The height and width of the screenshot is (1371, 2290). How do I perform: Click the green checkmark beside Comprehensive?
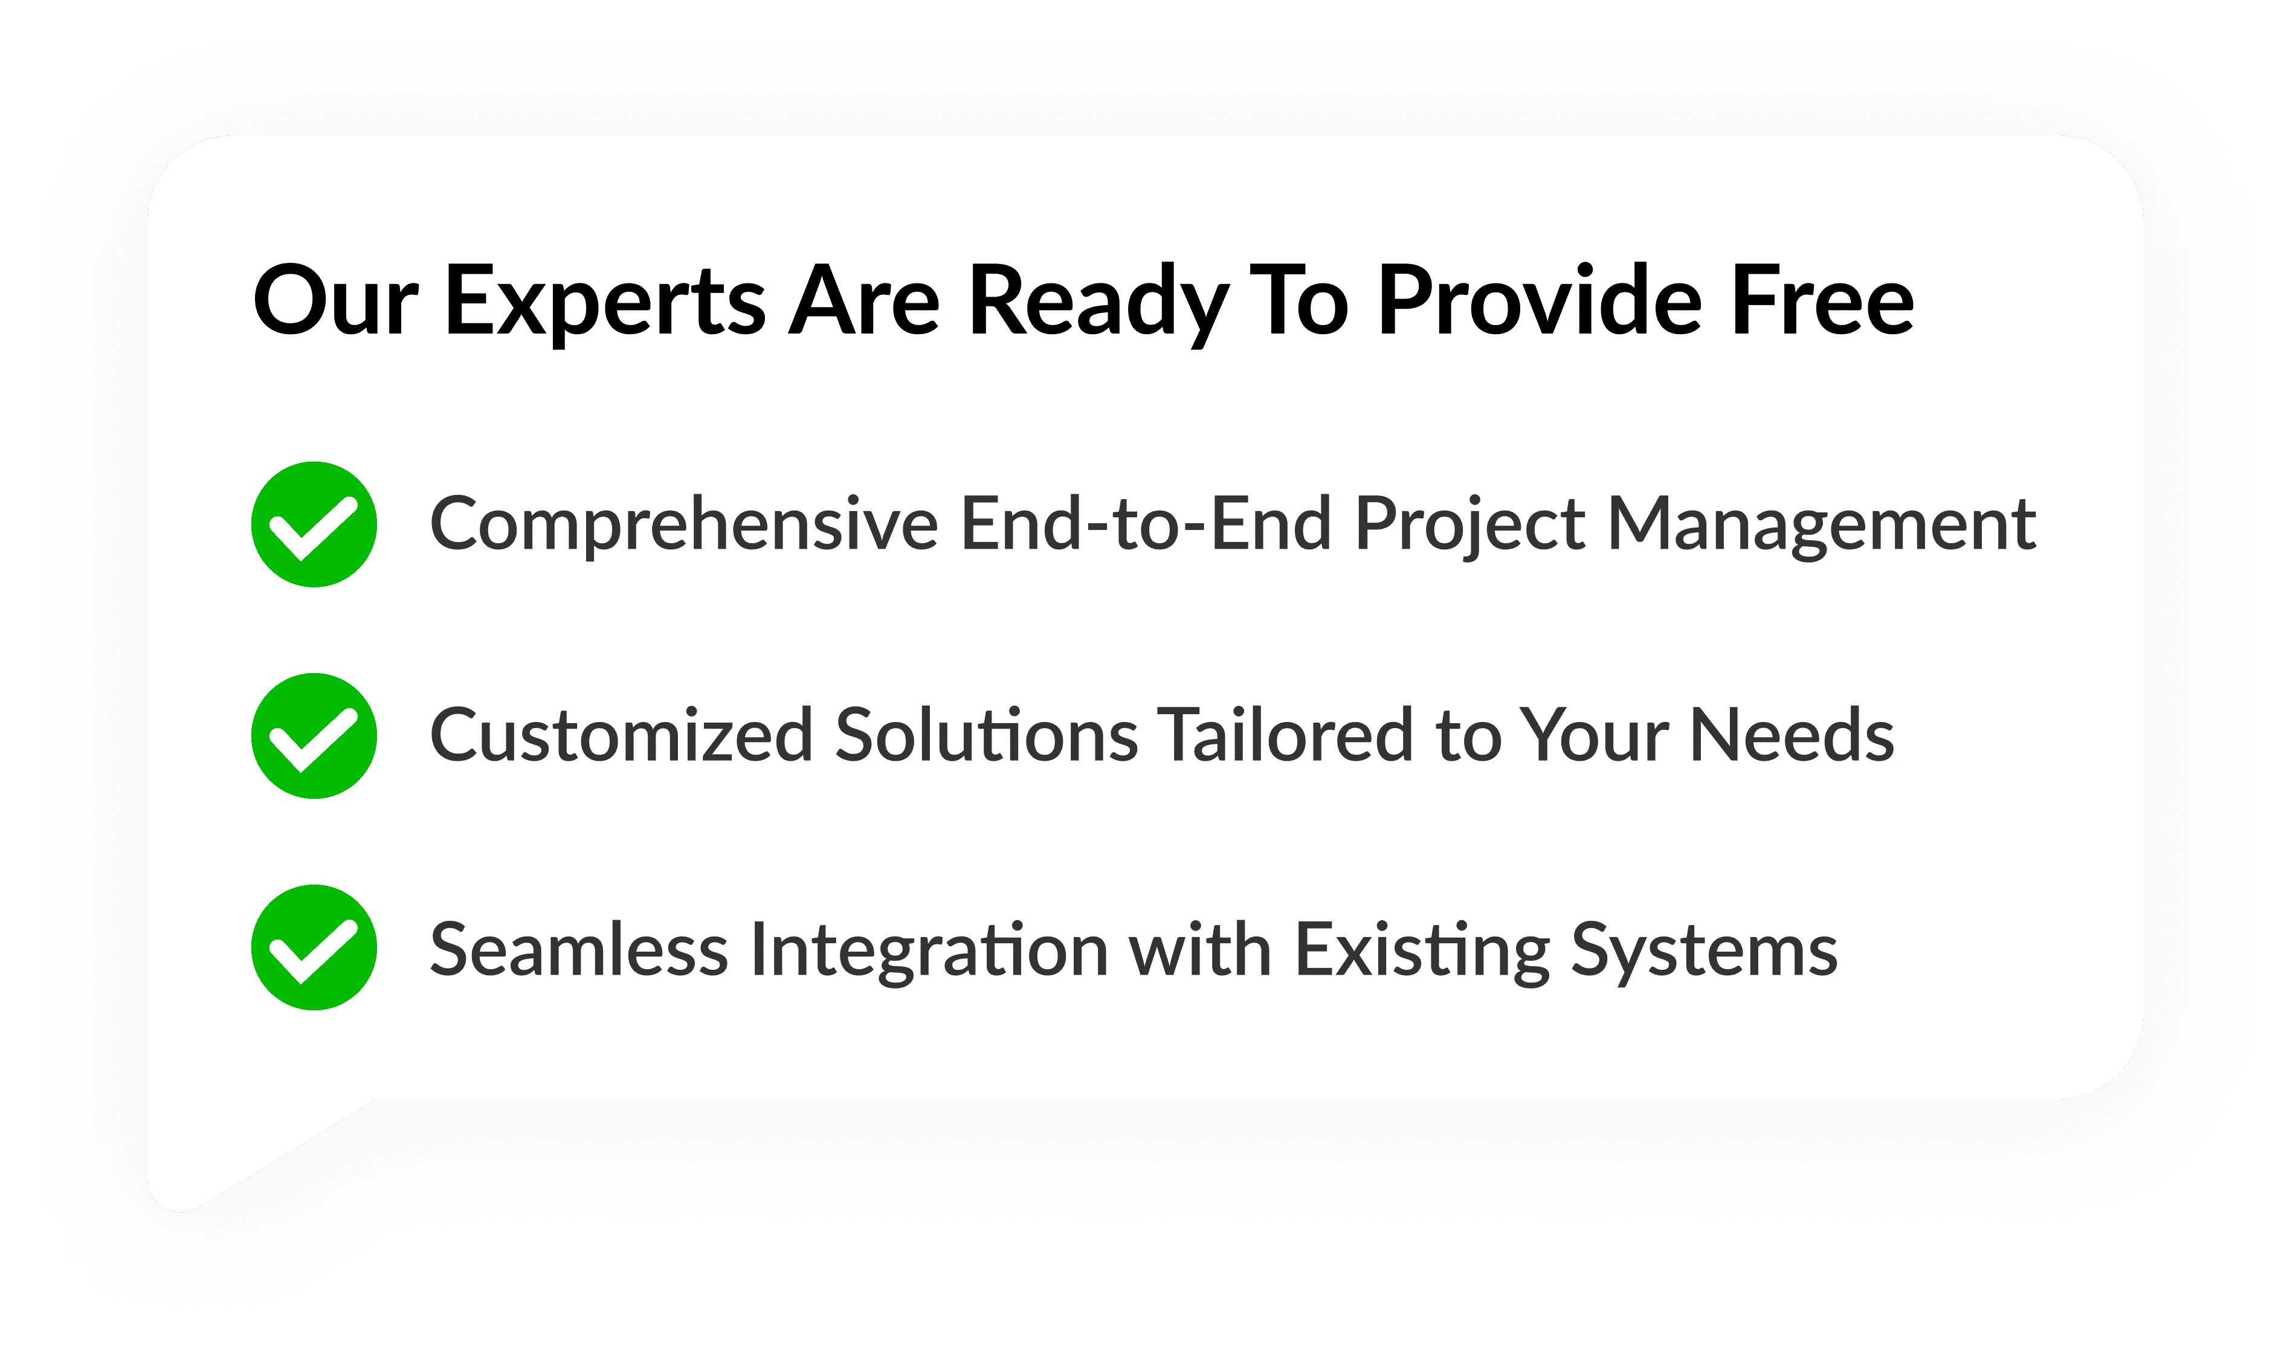314,524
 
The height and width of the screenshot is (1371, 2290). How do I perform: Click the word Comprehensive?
683,524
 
